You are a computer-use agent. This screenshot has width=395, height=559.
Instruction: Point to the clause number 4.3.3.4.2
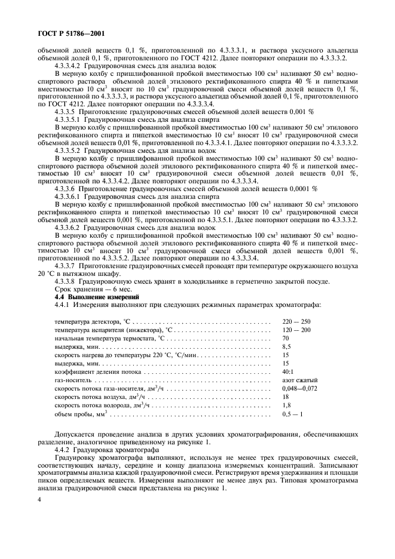click(x=68, y=65)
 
